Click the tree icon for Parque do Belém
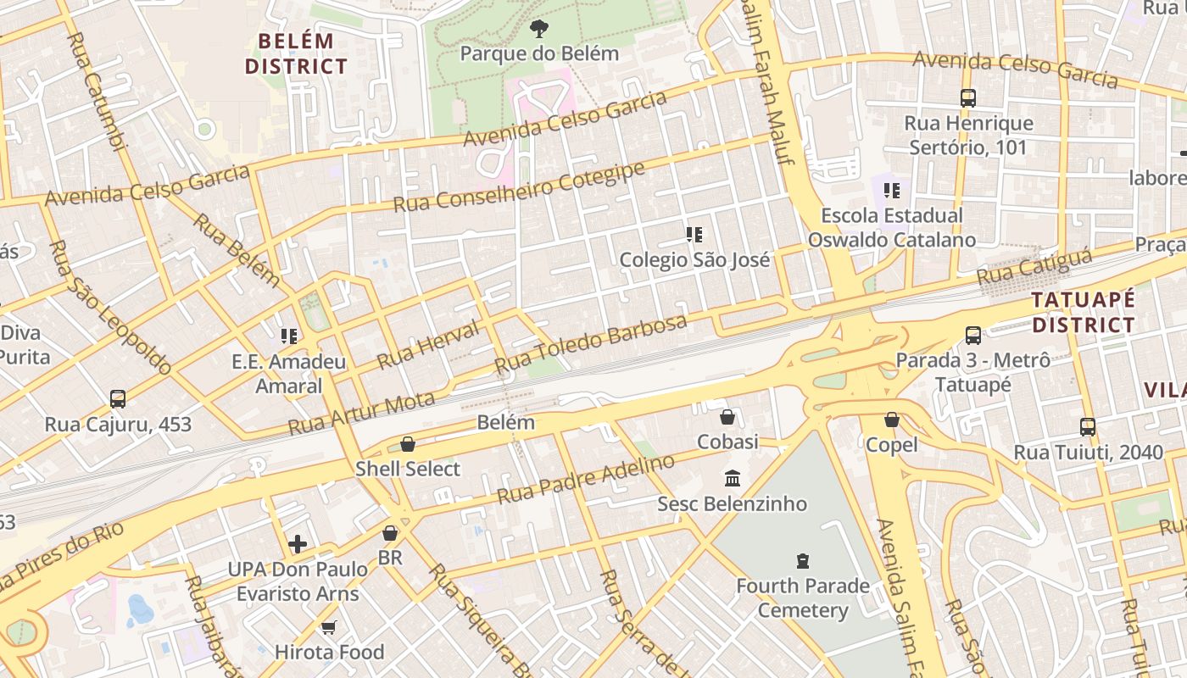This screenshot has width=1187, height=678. click(x=538, y=30)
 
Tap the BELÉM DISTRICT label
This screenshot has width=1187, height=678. click(x=297, y=53)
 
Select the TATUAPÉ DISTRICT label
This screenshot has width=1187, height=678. click(x=1083, y=312)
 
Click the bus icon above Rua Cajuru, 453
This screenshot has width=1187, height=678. click(x=118, y=398)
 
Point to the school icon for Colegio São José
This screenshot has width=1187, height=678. click(x=694, y=235)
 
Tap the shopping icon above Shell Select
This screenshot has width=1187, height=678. click(x=408, y=444)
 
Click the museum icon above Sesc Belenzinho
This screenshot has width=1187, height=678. click(x=733, y=479)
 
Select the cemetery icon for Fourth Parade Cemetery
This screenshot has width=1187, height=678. click(x=802, y=560)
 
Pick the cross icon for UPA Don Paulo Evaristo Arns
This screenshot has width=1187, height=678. click(x=298, y=543)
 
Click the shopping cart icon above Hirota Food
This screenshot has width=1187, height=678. click(x=329, y=627)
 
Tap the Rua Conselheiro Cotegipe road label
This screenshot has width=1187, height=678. click(x=519, y=187)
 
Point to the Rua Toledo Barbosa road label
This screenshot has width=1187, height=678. click(x=591, y=345)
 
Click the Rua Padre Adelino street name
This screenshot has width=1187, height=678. click(x=586, y=479)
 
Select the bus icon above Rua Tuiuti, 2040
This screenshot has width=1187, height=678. click(x=1088, y=427)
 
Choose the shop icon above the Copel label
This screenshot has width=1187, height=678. click(x=891, y=420)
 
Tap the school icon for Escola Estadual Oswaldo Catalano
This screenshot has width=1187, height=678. click(x=891, y=191)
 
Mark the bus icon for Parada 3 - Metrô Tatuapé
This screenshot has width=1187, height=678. click(x=972, y=336)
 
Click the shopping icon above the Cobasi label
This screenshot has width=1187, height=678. click(x=727, y=417)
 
